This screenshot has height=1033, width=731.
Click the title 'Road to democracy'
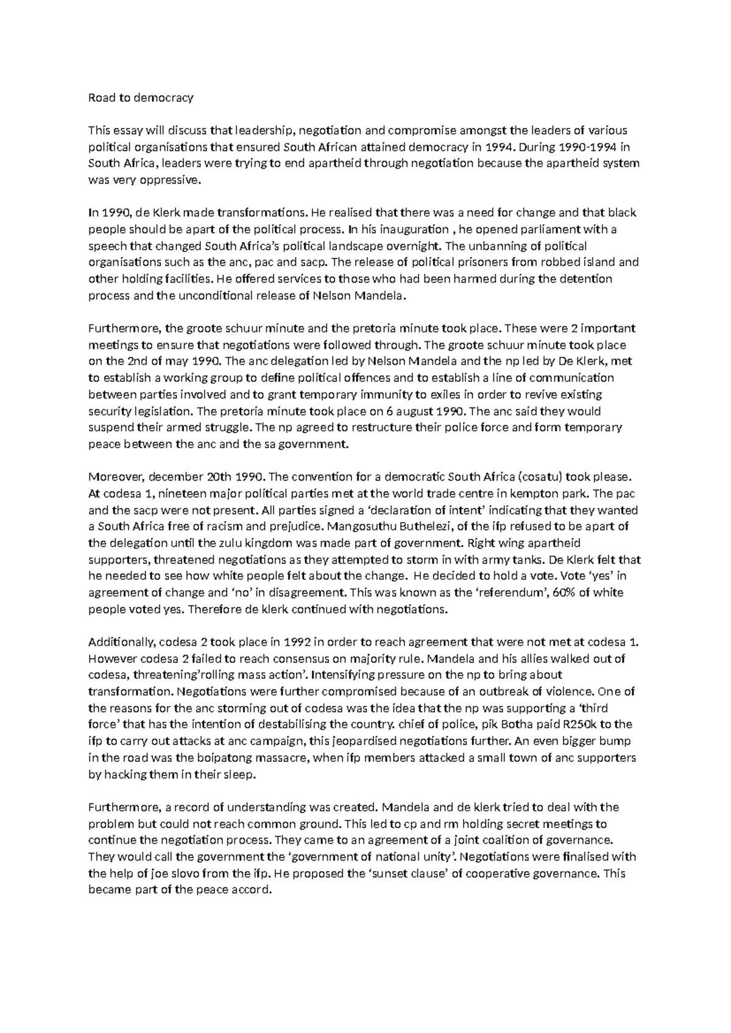pyautogui.click(x=141, y=97)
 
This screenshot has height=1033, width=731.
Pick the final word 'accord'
pyautogui.click(x=250, y=890)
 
